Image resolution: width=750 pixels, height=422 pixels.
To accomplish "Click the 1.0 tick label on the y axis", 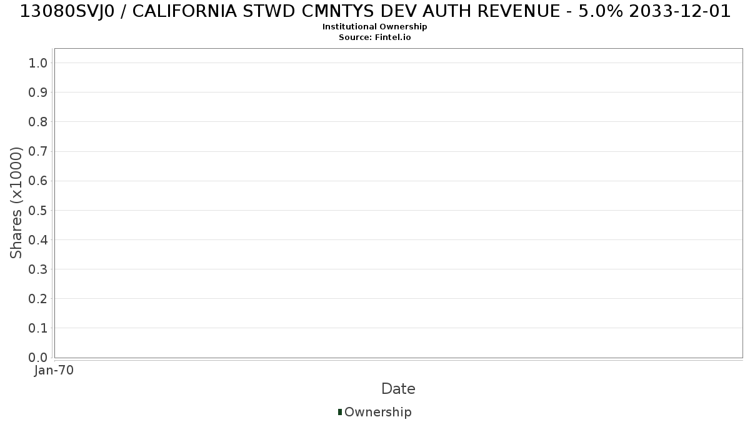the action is pos(38,63).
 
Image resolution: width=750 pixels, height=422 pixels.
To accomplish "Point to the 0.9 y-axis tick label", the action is pos(38,93).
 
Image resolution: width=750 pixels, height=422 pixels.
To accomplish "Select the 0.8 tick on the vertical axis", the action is pos(38,122).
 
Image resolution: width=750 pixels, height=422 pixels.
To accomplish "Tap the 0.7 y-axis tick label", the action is pos(38,151).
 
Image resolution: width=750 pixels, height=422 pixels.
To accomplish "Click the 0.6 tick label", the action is pos(38,181).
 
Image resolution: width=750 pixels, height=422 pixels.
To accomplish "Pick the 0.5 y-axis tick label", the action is pos(38,210).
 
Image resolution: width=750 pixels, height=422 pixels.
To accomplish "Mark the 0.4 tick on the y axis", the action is pos(38,240).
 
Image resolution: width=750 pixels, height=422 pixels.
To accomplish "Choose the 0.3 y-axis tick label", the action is pos(38,269).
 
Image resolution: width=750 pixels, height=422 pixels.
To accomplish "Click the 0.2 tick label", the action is pos(38,299).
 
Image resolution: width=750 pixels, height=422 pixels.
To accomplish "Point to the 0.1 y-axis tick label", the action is pos(38,328).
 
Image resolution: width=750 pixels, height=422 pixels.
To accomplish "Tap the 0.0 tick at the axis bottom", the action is pos(38,358).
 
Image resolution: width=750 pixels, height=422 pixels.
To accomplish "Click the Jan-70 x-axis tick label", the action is pos(54,370).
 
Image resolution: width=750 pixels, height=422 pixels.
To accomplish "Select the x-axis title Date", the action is pos(399,389).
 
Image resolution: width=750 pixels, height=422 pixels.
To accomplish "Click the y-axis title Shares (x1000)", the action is pos(16,203).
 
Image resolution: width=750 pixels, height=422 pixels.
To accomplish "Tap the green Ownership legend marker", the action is pos(340,412).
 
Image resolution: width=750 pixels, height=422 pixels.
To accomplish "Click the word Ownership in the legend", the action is pos(378,412).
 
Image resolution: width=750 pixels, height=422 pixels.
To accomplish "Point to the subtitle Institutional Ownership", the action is pos(374,27).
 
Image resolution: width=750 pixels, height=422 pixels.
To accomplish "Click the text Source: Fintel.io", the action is pos(374,37).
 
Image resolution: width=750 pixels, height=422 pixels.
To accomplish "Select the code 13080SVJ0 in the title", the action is pos(67,11).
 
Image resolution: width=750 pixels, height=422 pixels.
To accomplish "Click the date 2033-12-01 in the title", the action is pos(680,11).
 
